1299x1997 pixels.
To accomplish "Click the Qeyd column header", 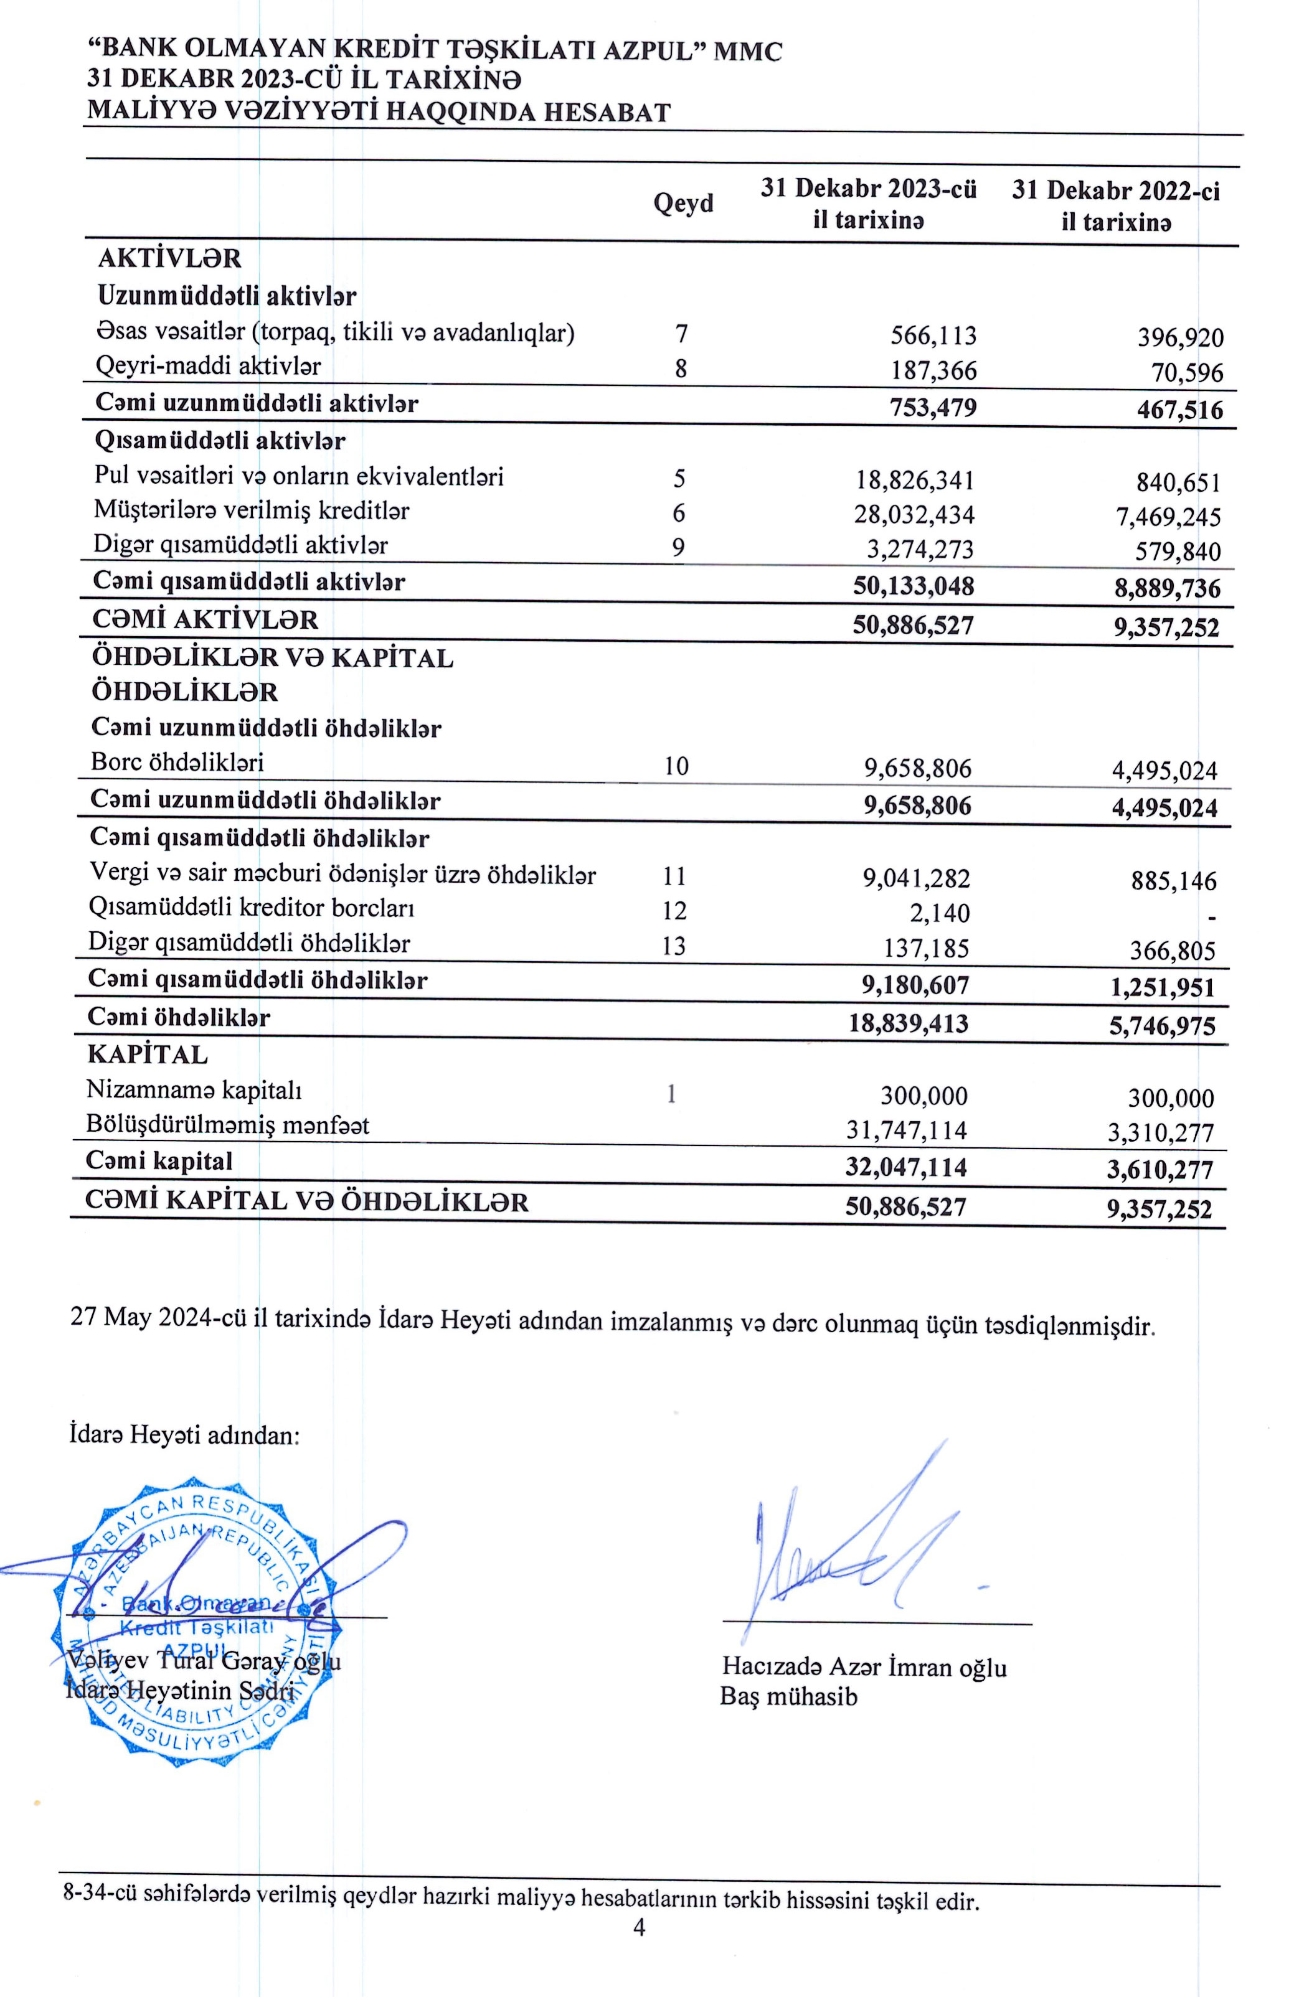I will point(683,203).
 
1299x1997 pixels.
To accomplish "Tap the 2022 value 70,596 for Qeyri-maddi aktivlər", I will point(1186,372).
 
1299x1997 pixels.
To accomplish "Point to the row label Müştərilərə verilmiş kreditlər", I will point(252,510).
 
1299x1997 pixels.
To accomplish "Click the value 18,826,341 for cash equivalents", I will point(915,481).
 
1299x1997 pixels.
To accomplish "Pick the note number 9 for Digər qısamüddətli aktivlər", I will point(678,548).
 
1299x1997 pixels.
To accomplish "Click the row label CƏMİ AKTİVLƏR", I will point(205,620).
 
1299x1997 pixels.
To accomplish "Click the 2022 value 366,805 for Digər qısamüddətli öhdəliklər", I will point(1173,951).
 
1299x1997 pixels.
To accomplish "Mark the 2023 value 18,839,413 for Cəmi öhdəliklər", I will point(909,1023).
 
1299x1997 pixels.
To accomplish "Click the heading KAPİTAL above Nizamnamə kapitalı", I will point(148,1055).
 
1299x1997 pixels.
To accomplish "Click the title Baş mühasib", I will point(789,1696).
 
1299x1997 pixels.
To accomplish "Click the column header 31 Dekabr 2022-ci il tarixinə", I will point(1115,205).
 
